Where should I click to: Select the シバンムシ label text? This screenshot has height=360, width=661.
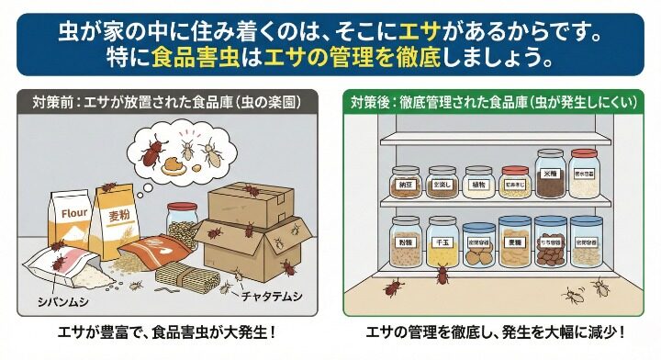pyautogui.click(x=62, y=298)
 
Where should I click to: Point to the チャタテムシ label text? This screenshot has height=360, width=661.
pyautogui.click(x=271, y=297)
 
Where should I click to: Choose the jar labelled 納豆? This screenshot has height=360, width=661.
pyautogui.click(x=405, y=184)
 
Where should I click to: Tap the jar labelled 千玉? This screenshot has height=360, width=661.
pyautogui.click(x=443, y=242)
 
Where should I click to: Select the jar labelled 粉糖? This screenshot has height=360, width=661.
pyautogui.click(x=405, y=242)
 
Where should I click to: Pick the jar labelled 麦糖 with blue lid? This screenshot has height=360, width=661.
pyautogui.click(x=515, y=242)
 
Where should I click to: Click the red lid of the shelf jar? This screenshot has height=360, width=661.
pyautogui.click(x=515, y=170)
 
